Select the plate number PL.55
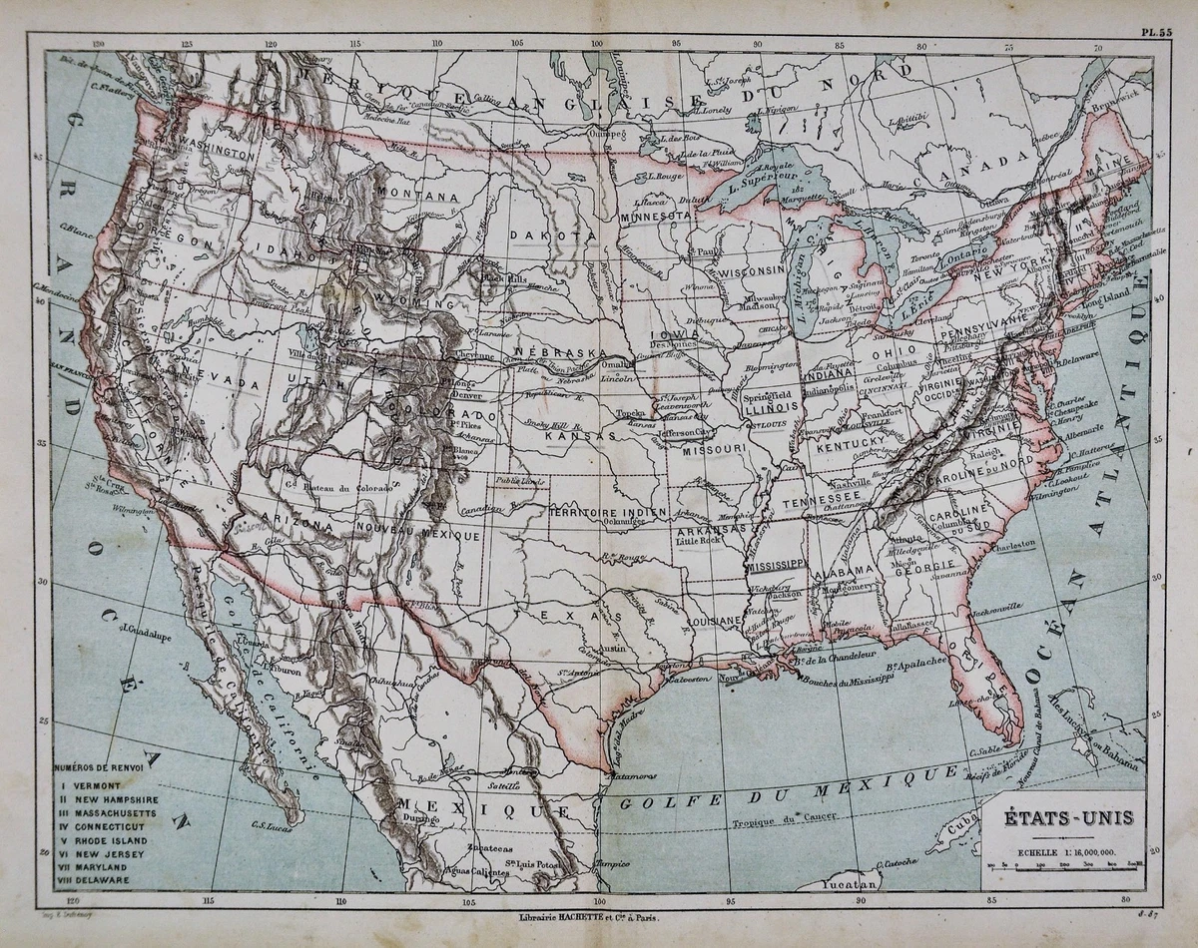click(1157, 31)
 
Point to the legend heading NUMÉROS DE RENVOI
click(98, 768)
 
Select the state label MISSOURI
click(715, 449)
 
